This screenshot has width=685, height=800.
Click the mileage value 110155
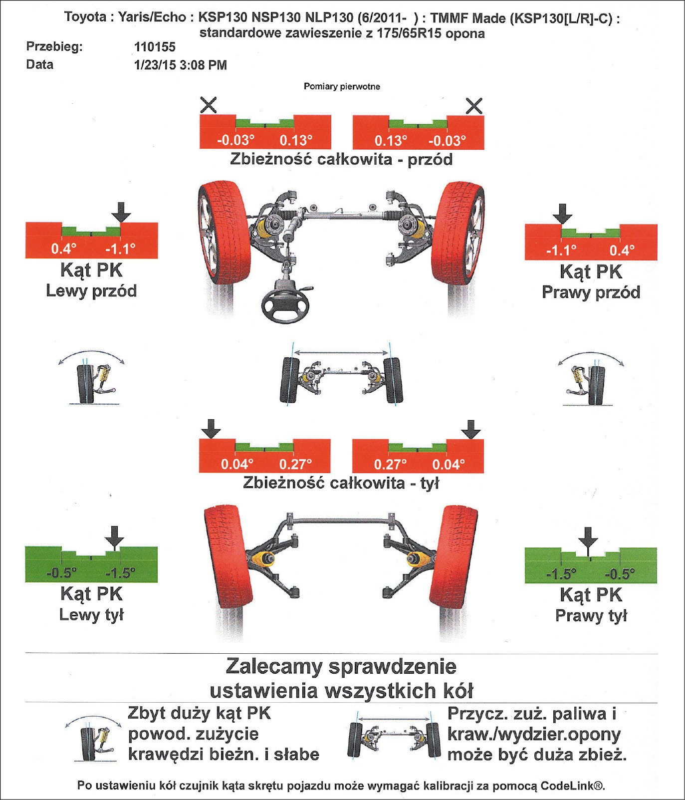(x=155, y=47)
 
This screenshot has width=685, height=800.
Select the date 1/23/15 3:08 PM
(x=180, y=65)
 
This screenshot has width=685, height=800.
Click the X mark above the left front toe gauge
(x=208, y=105)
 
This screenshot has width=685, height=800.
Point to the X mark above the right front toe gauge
(x=473, y=106)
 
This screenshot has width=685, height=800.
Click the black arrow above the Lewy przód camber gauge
(x=121, y=212)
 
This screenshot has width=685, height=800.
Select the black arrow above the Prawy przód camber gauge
(x=562, y=214)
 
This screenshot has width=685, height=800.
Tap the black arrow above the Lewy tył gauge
(x=115, y=537)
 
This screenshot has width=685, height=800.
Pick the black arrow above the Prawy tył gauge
(x=588, y=538)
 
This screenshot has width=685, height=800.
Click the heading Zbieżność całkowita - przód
(x=341, y=160)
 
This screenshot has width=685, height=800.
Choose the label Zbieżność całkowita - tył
(x=341, y=483)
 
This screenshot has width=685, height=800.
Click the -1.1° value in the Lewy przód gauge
(x=120, y=249)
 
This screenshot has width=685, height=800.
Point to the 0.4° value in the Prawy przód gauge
(x=622, y=250)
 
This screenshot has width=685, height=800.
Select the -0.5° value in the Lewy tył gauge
(x=61, y=572)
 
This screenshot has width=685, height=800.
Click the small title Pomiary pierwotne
(x=342, y=87)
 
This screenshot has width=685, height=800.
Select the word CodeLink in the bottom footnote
(x=568, y=786)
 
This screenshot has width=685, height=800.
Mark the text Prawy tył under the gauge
(x=591, y=616)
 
